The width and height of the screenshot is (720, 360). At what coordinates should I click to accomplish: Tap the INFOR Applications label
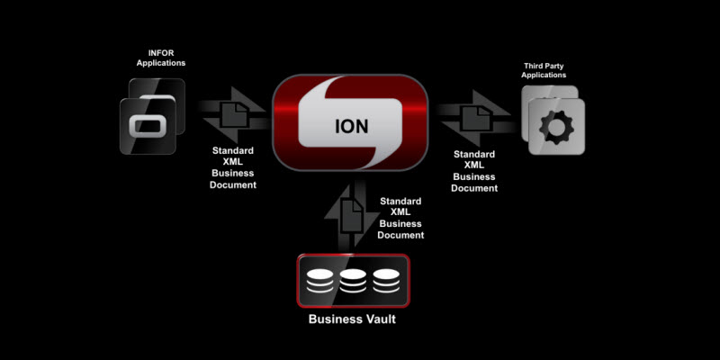pos(160,58)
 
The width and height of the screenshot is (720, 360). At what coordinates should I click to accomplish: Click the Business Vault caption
pos(352,319)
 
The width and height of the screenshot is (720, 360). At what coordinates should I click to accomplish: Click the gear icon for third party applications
pos(555,126)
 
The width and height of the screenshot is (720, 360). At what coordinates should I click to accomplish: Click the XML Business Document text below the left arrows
pos(233,167)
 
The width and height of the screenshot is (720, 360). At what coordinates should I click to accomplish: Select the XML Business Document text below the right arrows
pos(474,171)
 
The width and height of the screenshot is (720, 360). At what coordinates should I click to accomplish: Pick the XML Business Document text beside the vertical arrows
pos(400,218)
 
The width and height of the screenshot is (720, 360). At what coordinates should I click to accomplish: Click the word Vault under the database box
pos(377,319)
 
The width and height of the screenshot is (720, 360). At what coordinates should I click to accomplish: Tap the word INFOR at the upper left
pos(160,53)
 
